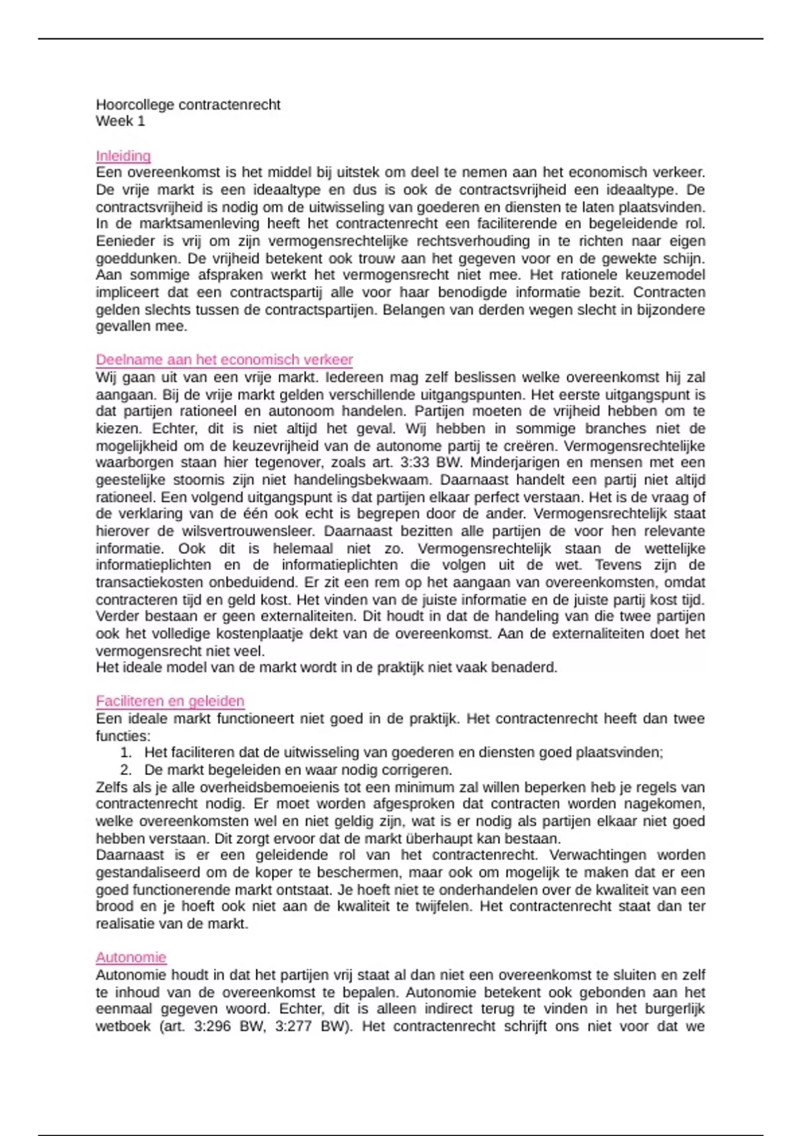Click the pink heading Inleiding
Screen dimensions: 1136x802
pyautogui.click(x=123, y=156)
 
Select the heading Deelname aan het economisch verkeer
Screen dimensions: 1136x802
pyautogui.click(x=224, y=360)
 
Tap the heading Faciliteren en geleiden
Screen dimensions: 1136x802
pyautogui.click(x=170, y=701)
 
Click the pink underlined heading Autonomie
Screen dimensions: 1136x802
pyautogui.click(x=131, y=958)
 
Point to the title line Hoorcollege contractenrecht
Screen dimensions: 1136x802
pyautogui.click(x=188, y=104)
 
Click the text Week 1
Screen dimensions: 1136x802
pyautogui.click(x=120, y=121)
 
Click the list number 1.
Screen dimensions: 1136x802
pyautogui.click(x=126, y=752)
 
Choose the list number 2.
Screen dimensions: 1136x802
pyautogui.click(x=126, y=770)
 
